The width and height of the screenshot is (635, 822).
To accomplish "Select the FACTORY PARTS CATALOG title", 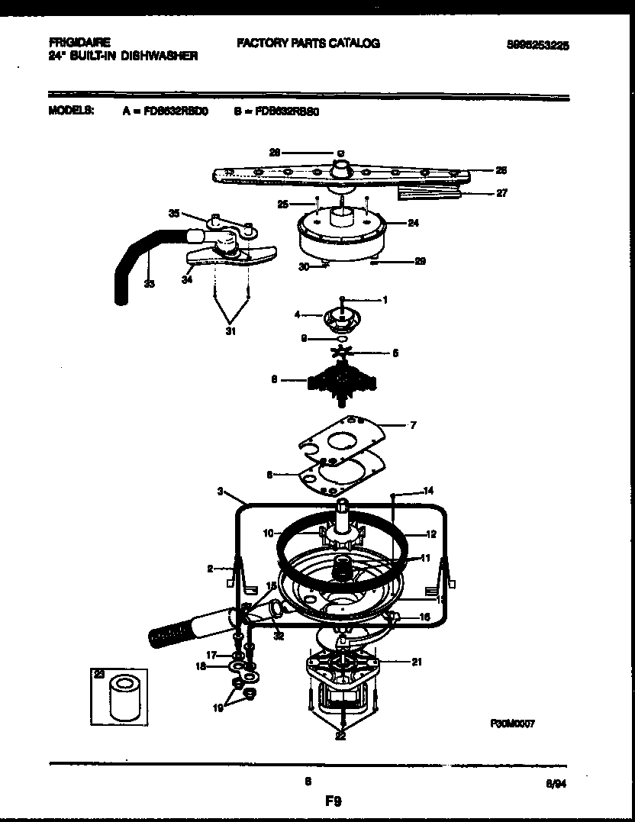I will coord(308,44).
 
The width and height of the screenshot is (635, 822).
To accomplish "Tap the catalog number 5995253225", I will coord(538,46).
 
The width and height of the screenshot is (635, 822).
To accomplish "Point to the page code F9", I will coord(333,801).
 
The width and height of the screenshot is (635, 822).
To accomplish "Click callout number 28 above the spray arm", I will coord(276,153).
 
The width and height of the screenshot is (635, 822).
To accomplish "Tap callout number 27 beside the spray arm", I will coord(501,193).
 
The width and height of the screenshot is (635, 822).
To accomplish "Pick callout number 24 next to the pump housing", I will coord(414,224).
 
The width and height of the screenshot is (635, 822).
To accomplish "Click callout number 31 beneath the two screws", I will coord(231,330).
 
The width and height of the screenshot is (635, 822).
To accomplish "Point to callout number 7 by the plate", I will coord(413,424).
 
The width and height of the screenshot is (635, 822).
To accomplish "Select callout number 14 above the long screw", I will coord(428,490).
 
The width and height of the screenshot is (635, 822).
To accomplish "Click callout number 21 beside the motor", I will coord(417,662).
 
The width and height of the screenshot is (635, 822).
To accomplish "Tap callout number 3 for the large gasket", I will coord(220,493).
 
